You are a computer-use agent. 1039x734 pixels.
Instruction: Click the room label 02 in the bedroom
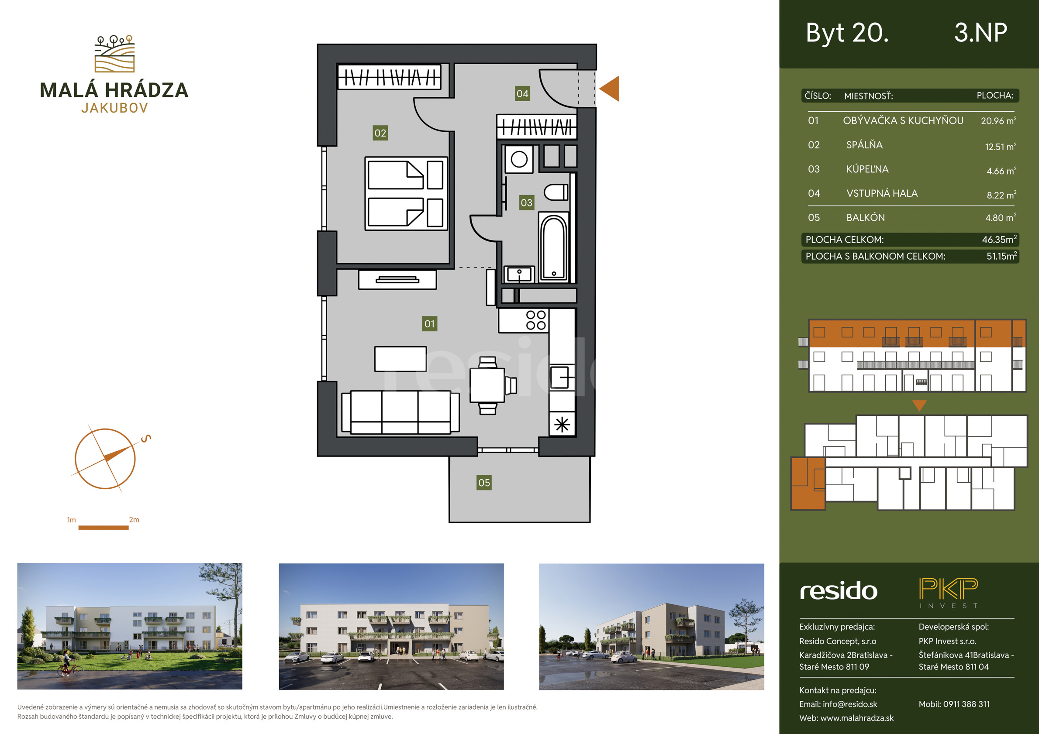[380, 133]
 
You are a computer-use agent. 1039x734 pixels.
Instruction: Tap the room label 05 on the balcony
[484, 483]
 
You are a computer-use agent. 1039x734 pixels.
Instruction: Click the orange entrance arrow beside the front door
[609, 89]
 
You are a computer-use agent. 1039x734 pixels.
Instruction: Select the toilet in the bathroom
[556, 192]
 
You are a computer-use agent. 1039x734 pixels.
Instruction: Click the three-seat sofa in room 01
[400, 412]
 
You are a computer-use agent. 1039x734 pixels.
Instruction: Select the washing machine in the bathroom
[518, 159]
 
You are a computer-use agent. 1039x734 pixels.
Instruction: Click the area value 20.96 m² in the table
[998, 121]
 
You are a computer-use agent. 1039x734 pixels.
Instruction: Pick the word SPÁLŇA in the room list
[864, 145]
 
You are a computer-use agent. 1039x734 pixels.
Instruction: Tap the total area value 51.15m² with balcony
[1001, 256]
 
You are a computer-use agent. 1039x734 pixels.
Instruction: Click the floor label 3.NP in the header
[980, 33]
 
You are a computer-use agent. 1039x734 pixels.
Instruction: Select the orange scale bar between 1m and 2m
[104, 527]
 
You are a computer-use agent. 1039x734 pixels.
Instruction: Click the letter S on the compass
[146, 438]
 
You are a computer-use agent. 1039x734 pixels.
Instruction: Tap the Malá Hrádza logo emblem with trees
[114, 54]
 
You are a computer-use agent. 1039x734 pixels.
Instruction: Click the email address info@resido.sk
[850, 704]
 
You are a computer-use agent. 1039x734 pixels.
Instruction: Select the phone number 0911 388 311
[967, 704]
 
